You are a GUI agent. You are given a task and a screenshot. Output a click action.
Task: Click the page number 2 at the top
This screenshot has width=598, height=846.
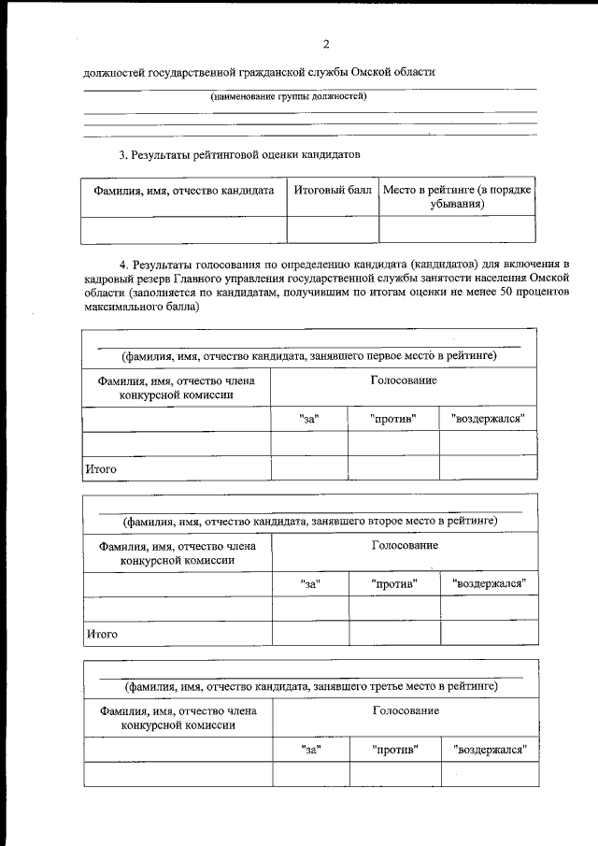[326, 44]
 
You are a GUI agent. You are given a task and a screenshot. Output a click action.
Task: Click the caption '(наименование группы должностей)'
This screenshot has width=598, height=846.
[288, 96]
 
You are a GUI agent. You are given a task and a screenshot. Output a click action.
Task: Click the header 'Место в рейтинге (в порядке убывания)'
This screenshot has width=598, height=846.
[457, 196]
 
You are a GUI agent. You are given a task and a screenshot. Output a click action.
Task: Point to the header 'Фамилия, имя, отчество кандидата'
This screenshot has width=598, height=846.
[184, 190]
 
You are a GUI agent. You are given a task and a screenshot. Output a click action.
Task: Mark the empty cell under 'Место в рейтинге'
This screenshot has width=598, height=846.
[457, 229]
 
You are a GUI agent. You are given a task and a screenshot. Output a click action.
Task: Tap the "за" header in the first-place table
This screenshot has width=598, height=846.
[309, 419]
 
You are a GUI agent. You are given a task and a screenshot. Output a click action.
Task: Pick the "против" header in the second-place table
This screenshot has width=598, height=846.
[393, 583]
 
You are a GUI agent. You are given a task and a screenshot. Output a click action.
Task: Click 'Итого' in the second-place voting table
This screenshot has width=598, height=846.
[102, 633]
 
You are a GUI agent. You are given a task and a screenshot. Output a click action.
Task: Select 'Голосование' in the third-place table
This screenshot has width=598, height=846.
[406, 710]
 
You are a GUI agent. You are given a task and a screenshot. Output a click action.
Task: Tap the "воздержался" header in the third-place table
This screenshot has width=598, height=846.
[489, 749]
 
